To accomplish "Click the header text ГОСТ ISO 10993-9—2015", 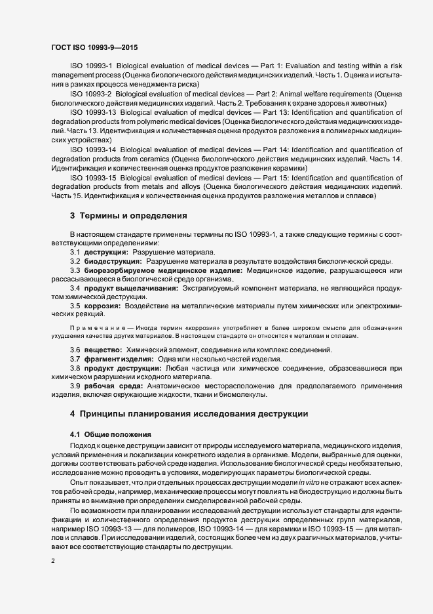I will point(94,47).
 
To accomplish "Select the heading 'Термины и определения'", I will point(134,215).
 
